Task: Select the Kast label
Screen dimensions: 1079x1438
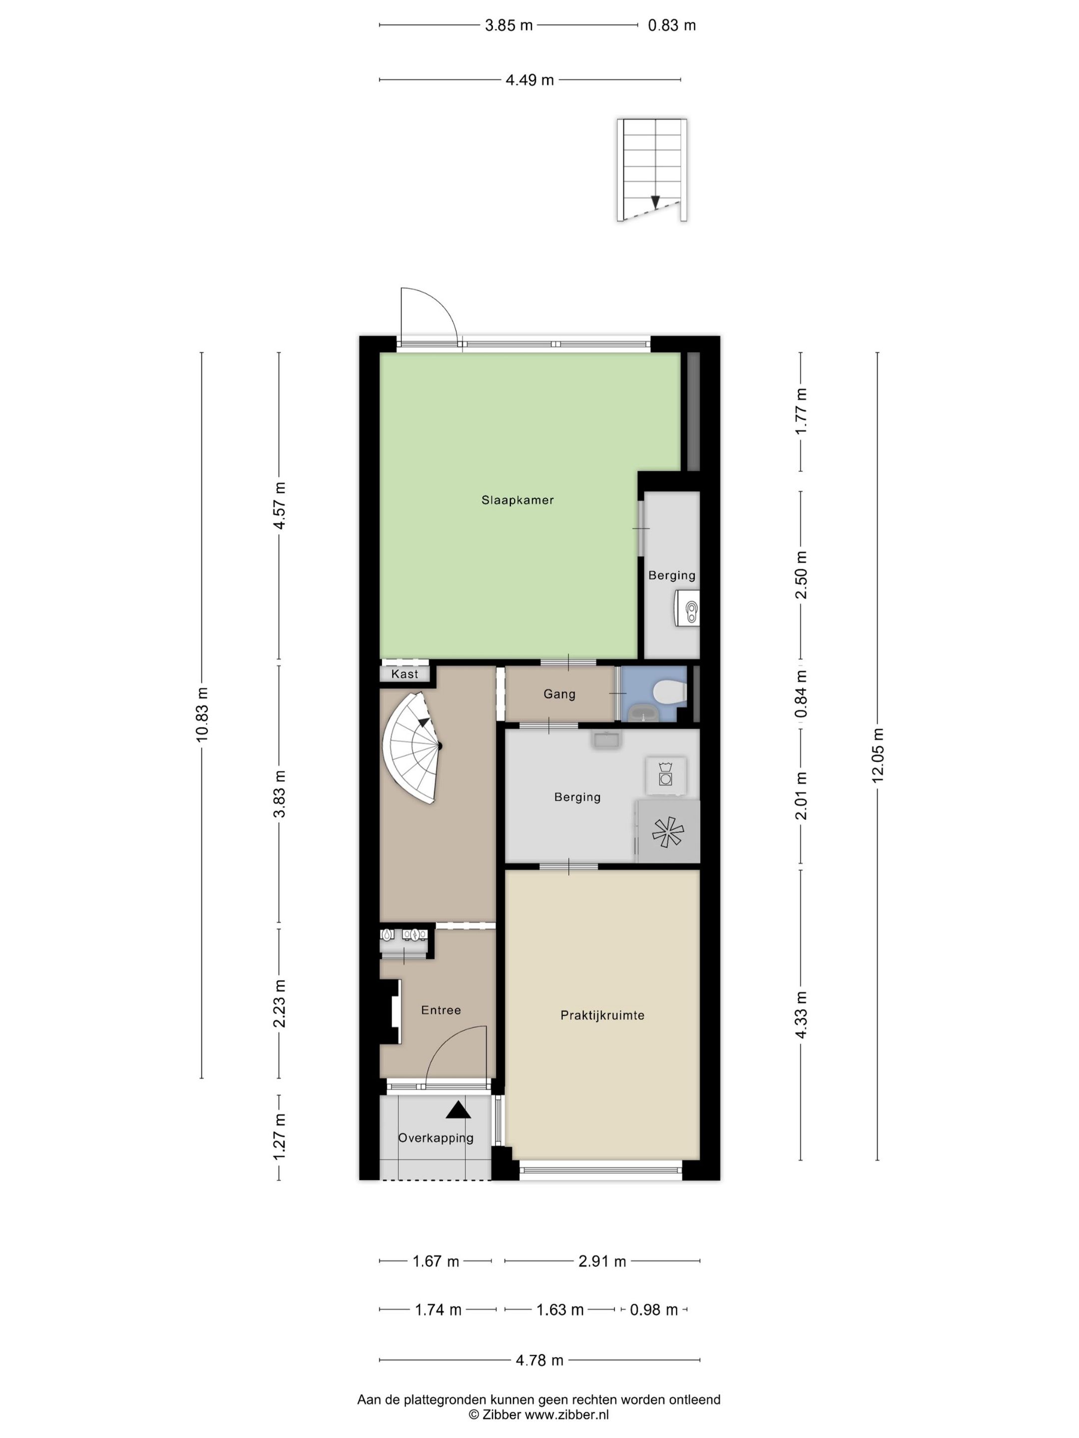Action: click(405, 674)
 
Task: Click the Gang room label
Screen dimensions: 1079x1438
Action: click(559, 695)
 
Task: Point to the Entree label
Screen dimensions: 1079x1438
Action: click(441, 1010)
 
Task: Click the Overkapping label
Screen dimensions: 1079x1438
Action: click(436, 1137)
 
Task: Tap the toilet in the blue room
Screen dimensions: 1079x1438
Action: click(670, 693)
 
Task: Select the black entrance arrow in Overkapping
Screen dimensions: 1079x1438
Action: click(458, 1109)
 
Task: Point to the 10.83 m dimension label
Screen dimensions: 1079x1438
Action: click(202, 715)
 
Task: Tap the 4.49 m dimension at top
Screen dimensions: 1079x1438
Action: click(530, 80)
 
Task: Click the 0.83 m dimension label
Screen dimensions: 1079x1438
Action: click(672, 25)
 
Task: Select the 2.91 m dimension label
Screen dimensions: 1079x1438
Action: click(602, 1262)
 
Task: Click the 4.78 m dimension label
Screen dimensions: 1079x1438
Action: click(540, 1361)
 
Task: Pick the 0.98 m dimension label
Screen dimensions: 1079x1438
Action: click(653, 1310)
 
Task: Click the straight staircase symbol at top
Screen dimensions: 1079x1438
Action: click(652, 170)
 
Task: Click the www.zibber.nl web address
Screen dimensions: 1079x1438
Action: click(566, 1415)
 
